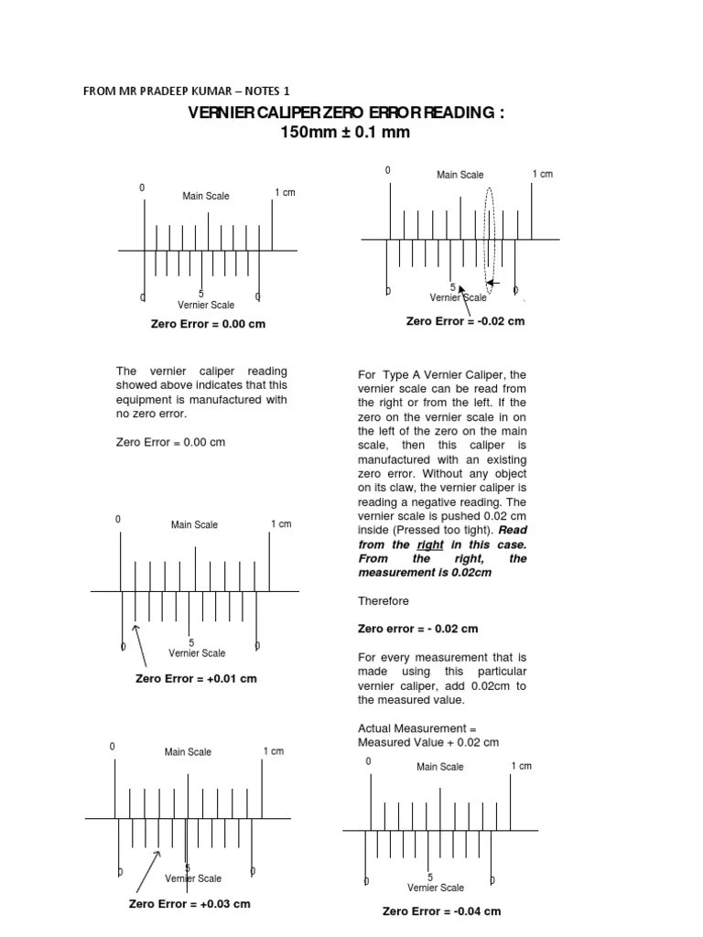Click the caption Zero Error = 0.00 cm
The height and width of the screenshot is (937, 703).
[x=208, y=324]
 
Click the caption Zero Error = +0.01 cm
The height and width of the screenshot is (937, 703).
[x=196, y=679]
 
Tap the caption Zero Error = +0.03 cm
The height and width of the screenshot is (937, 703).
[x=189, y=904]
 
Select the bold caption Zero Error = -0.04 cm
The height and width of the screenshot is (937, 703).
[x=441, y=911]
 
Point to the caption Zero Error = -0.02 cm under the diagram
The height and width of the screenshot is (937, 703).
[x=465, y=321]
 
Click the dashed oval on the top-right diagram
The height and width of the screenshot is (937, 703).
[x=491, y=236]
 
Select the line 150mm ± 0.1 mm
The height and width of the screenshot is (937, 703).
[x=345, y=133]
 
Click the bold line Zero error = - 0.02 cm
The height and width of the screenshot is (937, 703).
[x=417, y=629]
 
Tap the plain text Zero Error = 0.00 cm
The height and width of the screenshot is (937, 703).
[x=170, y=442]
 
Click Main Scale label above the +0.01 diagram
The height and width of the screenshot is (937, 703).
[x=194, y=525]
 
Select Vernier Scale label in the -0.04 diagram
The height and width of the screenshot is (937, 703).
[x=436, y=888]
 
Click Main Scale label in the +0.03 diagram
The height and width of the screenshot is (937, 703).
[x=188, y=752]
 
